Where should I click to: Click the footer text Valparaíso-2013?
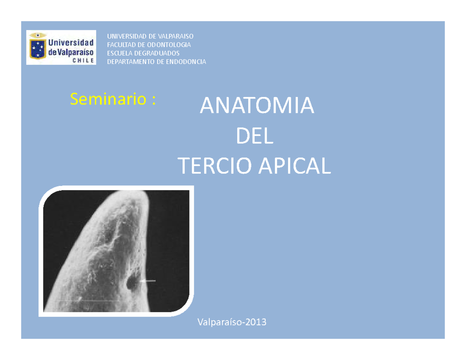(232, 322)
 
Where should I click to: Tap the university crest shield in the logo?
(38, 46)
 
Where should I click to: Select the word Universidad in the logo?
(71, 42)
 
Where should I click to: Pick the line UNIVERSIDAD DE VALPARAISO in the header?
(150, 36)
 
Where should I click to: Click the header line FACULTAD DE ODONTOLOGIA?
(149, 45)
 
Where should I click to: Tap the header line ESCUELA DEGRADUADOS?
(143, 53)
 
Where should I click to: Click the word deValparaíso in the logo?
(71, 52)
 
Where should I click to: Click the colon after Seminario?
(153, 100)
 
